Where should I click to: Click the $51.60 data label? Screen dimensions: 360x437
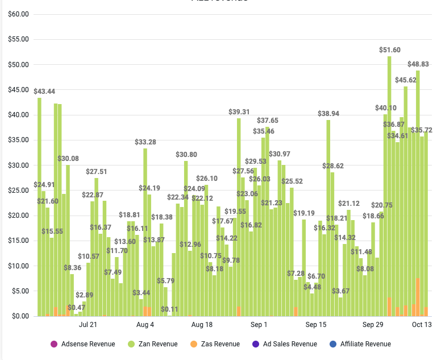pyautogui.click(x=390, y=50)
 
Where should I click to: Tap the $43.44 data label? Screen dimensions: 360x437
pyautogui.click(x=44, y=92)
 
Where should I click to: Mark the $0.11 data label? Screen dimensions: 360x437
pyautogui.click(x=169, y=309)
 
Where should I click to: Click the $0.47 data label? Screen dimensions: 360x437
pyautogui.click(x=76, y=308)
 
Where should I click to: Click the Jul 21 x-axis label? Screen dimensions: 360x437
pyautogui.click(x=88, y=325)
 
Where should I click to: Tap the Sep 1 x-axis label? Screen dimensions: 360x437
pyautogui.click(x=259, y=325)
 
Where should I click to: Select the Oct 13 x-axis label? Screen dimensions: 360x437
pyautogui.click(x=422, y=325)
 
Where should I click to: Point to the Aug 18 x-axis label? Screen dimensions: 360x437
pyautogui.click(x=202, y=325)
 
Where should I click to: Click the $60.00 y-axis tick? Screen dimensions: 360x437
pyautogui.click(x=18, y=14)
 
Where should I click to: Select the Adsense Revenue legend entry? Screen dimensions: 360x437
pyautogui.click(x=88, y=344)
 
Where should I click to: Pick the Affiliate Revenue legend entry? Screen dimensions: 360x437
pyautogui.click(x=365, y=344)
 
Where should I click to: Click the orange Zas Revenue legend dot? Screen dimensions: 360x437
pyautogui.click(x=193, y=344)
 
